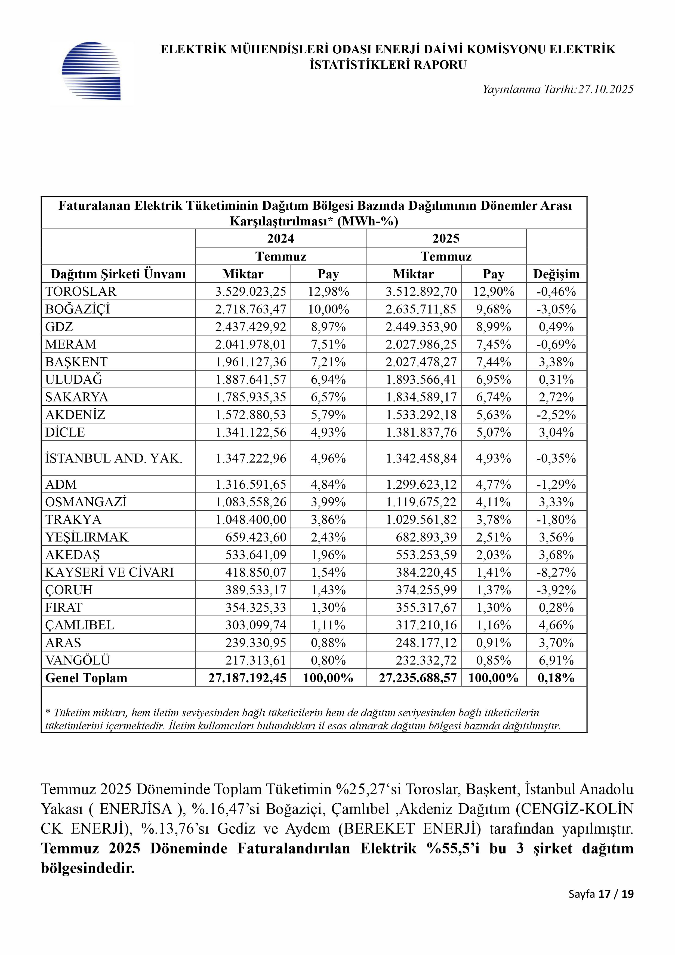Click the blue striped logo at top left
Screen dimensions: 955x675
tap(91, 71)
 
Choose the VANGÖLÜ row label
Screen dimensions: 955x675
tap(78, 660)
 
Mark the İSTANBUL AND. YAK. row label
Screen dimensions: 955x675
tap(114, 458)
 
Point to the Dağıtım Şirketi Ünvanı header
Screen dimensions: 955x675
tap(118, 274)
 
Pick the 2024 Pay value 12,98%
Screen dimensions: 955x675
tap(328, 292)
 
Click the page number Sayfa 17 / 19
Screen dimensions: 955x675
tap(601, 894)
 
